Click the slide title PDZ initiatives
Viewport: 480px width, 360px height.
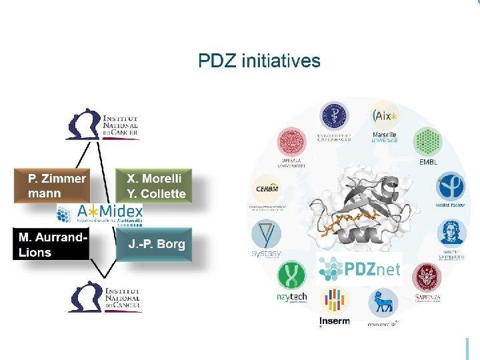[259, 61]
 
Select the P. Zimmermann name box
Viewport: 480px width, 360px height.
[56, 186]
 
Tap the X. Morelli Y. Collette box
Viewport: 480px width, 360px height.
[155, 186]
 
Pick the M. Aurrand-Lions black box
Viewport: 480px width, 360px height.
[52, 244]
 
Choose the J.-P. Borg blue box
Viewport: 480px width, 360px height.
[155, 244]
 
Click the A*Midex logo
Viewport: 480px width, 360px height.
[100, 213]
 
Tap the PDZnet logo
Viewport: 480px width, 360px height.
[359, 269]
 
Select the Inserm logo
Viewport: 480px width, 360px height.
[334, 307]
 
